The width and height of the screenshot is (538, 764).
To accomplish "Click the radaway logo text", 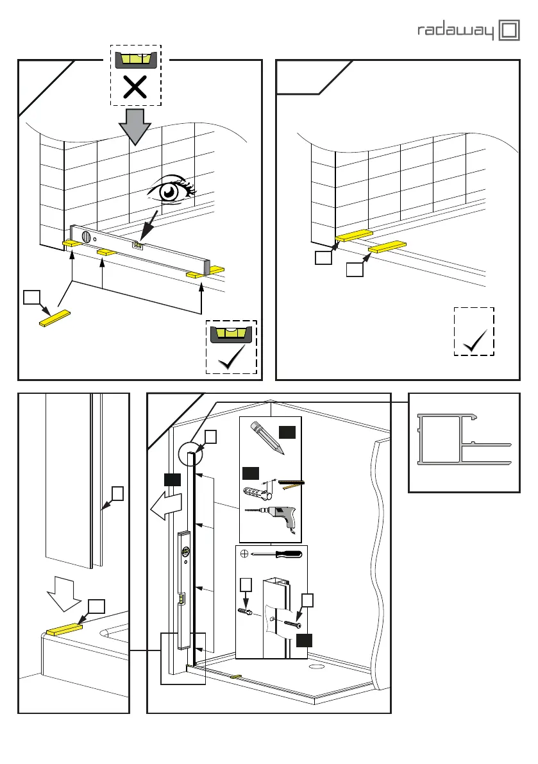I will click(457, 31).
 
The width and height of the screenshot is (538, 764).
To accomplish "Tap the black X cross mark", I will click(135, 88).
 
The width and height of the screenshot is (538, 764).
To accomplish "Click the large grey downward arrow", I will click(135, 125).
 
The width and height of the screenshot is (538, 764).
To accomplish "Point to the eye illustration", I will click(170, 191).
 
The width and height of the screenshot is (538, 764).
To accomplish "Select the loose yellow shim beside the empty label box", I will click(55, 318).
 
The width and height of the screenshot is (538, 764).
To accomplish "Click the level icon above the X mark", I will click(135, 60).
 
